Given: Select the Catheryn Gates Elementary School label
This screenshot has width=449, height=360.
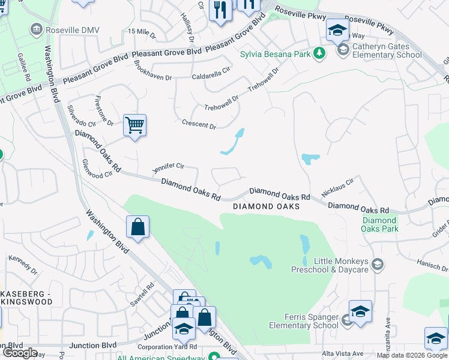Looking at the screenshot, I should coord(387,50).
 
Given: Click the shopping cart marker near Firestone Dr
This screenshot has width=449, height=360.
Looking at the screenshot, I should coord(134,125).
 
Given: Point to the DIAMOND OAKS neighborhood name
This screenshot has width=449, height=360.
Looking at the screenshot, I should coord(266,206).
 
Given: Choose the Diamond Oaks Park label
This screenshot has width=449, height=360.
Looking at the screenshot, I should coord(380,225).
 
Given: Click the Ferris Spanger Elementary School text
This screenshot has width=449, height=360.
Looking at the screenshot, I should coord(303,321).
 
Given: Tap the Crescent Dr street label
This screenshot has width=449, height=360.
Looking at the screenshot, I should coord(199,125).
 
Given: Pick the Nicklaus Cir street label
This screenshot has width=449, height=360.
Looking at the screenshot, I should coord(338,185).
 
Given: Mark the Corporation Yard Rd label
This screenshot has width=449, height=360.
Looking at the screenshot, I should coord(167,347).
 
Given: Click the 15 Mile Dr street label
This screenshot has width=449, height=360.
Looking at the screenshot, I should coord(142,31).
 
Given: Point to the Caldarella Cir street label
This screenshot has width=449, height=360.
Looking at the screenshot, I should coord(211,77).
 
